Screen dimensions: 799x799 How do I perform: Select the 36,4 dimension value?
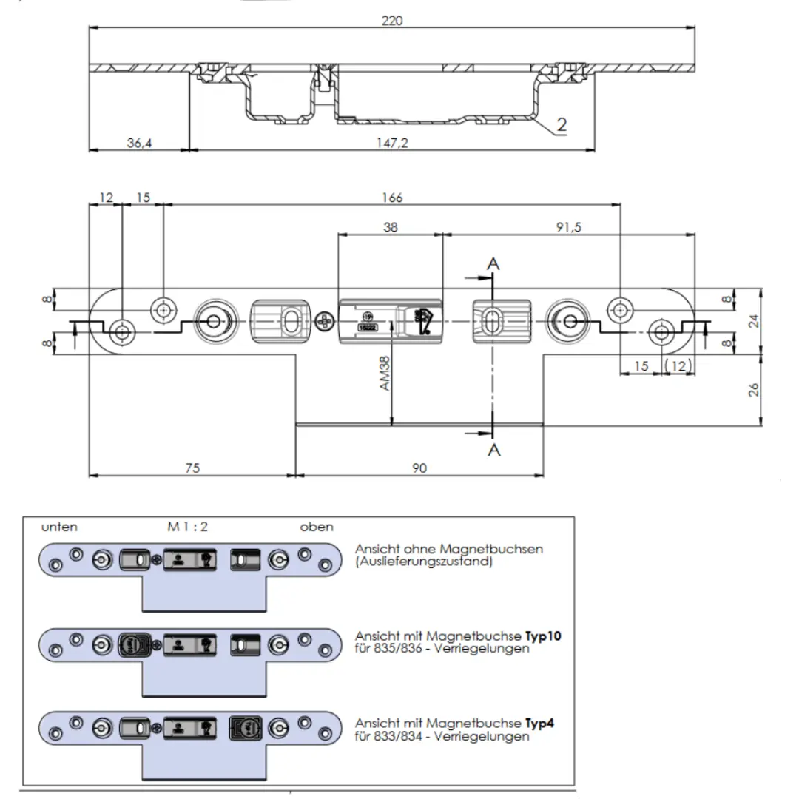coord(139,143)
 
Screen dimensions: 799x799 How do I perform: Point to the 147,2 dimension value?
coord(392,143)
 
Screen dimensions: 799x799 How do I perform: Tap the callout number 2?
coord(562,125)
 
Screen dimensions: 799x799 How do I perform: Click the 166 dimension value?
coord(392,198)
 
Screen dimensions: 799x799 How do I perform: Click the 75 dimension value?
coord(192,468)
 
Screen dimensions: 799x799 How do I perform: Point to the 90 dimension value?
coord(419,468)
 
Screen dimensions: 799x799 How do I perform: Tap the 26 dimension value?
coord(754,390)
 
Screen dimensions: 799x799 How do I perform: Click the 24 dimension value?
coord(754,321)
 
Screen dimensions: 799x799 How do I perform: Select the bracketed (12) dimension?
coord(677,365)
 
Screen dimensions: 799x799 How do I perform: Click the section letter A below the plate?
coord(493,449)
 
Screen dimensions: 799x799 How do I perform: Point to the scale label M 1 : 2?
coord(187,527)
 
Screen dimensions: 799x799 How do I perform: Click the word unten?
coord(59,527)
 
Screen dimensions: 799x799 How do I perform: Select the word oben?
coord(316,527)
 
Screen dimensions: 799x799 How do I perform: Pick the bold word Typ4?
coord(540,724)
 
